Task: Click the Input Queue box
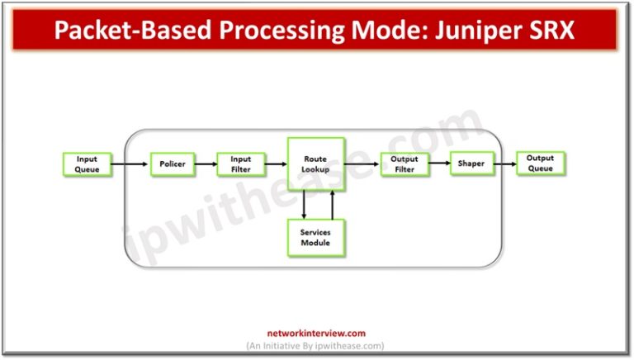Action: (x=87, y=163)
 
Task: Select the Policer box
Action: (x=173, y=164)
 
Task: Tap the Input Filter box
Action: (x=241, y=164)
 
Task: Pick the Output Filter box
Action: (x=405, y=164)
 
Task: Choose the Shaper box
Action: (x=471, y=164)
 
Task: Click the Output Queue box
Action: (x=541, y=163)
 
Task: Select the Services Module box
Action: (x=316, y=238)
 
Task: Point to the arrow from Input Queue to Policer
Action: (x=130, y=164)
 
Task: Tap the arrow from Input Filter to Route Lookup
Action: (x=276, y=164)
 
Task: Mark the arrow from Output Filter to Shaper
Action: (x=439, y=164)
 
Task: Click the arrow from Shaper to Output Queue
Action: (x=504, y=164)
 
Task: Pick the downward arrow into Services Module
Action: (x=304, y=206)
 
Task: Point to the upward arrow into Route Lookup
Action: (x=331, y=206)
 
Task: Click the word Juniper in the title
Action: (x=482, y=30)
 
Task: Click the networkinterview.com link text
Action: (x=316, y=334)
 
